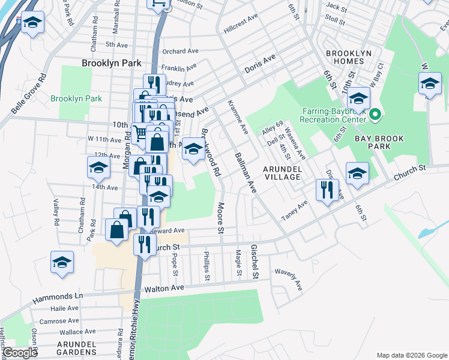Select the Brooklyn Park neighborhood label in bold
pyautogui.click(x=112, y=63)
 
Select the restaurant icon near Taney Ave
pyautogui.click(x=327, y=190)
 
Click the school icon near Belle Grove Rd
pyautogui.click(x=33, y=23)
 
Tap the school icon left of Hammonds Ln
pyautogui.click(x=62, y=262)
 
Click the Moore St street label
pyautogui.click(x=220, y=218)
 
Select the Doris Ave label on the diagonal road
pyautogui.click(x=259, y=65)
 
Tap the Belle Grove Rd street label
pyautogui.click(x=28, y=95)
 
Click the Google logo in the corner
pyautogui.click(x=20, y=353)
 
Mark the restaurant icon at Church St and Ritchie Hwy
pyautogui.click(x=144, y=244)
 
